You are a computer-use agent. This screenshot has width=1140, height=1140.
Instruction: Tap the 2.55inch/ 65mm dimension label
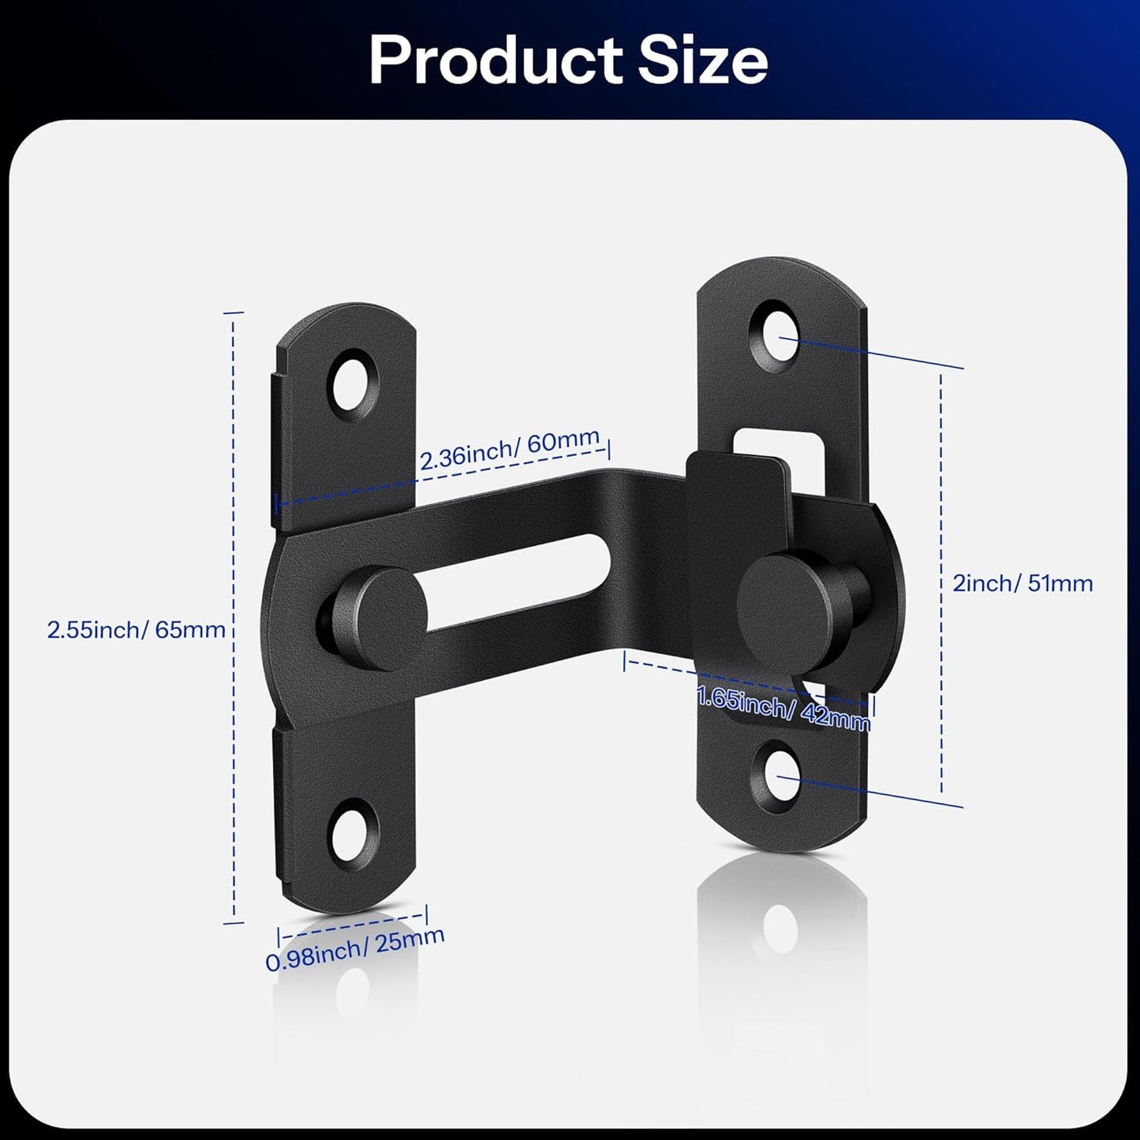(136, 630)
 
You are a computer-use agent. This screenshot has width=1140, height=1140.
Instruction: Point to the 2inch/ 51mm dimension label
(1022, 583)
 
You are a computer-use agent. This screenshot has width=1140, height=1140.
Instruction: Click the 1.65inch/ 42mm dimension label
(785, 708)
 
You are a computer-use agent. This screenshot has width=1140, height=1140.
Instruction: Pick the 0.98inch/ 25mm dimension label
(355, 948)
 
